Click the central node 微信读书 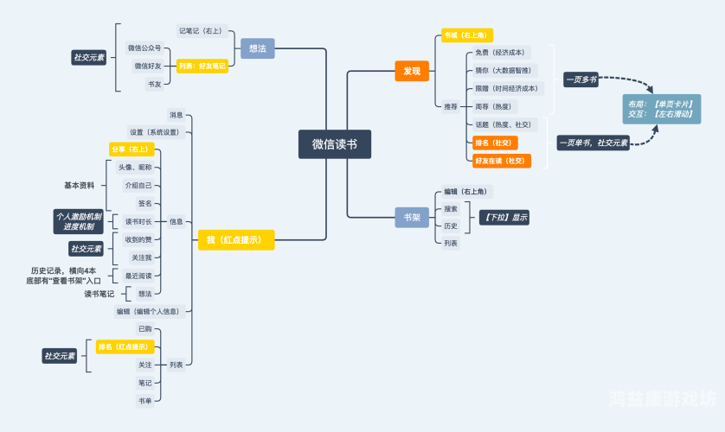pos(335,144)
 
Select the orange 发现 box pos(412,71)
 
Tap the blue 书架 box pos(412,218)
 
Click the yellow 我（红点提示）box pos(235,239)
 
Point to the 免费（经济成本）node pos(499,53)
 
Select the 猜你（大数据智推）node pos(504,70)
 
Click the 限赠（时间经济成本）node pos(506,88)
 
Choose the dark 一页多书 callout pos(581,79)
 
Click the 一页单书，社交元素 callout pos(593,143)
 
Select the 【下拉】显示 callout pos(504,217)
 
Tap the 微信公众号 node pos(144,48)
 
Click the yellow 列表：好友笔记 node pos(202,66)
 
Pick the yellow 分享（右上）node pos(132,149)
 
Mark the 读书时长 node pos(138,221)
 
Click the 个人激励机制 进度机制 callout pos(78,221)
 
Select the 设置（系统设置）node pos(154,132)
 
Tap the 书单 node pos(145,400)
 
